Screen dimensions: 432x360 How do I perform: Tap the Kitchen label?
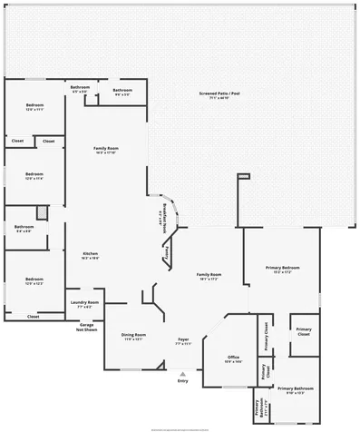tap(91, 254)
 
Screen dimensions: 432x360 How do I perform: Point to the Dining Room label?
tap(133, 336)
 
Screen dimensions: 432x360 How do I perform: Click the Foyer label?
tap(182, 341)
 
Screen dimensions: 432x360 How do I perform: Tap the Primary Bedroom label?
tap(282, 269)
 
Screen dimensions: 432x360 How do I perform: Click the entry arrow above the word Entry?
tap(182, 373)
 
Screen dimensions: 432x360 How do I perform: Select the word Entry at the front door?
tap(182, 381)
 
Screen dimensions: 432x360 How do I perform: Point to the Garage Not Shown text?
tap(87, 325)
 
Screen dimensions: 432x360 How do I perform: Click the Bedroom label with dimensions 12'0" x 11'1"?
tap(34, 105)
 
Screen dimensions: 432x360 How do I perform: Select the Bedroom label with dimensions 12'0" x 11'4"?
tap(34, 174)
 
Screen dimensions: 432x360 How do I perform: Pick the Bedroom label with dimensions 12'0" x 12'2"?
tap(34, 280)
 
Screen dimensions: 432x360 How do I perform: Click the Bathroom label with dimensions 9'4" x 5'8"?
tap(22, 228)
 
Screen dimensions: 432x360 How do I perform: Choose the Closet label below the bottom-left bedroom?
tap(33, 317)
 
